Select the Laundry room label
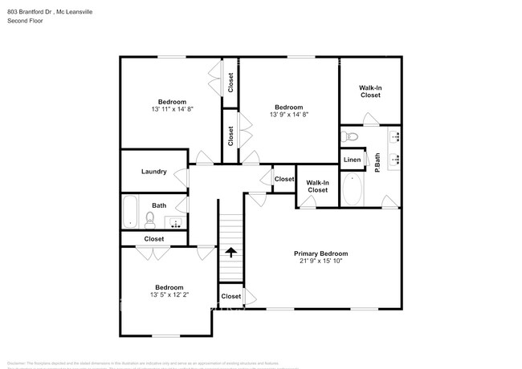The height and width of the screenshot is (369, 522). (153, 172)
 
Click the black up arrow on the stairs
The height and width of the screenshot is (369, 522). (230, 252)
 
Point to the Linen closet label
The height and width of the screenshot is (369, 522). (353, 160)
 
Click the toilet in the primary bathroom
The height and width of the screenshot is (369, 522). (348, 136)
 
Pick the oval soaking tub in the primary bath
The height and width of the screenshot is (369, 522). (352, 190)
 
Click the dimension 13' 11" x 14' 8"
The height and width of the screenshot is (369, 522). (172, 109)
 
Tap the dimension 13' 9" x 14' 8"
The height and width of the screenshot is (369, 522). (289, 115)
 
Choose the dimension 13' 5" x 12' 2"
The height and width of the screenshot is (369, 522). (169, 295)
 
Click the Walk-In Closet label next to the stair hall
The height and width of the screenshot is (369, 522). (317, 186)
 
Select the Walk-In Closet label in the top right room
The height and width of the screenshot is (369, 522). (370, 91)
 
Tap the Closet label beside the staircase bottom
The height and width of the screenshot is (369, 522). (231, 296)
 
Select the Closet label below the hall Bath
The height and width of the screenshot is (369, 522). (153, 239)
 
